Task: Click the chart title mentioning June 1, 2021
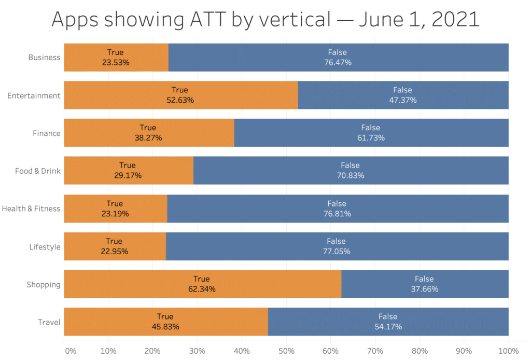(x=265, y=20)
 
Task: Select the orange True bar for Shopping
(x=202, y=284)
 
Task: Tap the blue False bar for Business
(x=338, y=57)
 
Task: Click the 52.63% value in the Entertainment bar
(x=180, y=100)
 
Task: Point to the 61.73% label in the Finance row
(x=370, y=138)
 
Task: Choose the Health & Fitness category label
(x=31, y=209)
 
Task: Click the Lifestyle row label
(x=45, y=247)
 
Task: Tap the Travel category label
(x=49, y=322)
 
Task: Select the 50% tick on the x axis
(x=286, y=351)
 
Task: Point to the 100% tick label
(x=508, y=351)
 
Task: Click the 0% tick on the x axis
(x=70, y=351)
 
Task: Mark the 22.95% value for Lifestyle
(x=114, y=252)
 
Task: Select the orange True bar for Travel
(x=166, y=322)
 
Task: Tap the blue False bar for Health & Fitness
(x=337, y=209)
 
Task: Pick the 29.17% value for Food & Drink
(x=128, y=176)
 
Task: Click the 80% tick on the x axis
(x=420, y=351)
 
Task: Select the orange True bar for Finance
(x=149, y=133)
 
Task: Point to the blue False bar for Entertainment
(x=403, y=95)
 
